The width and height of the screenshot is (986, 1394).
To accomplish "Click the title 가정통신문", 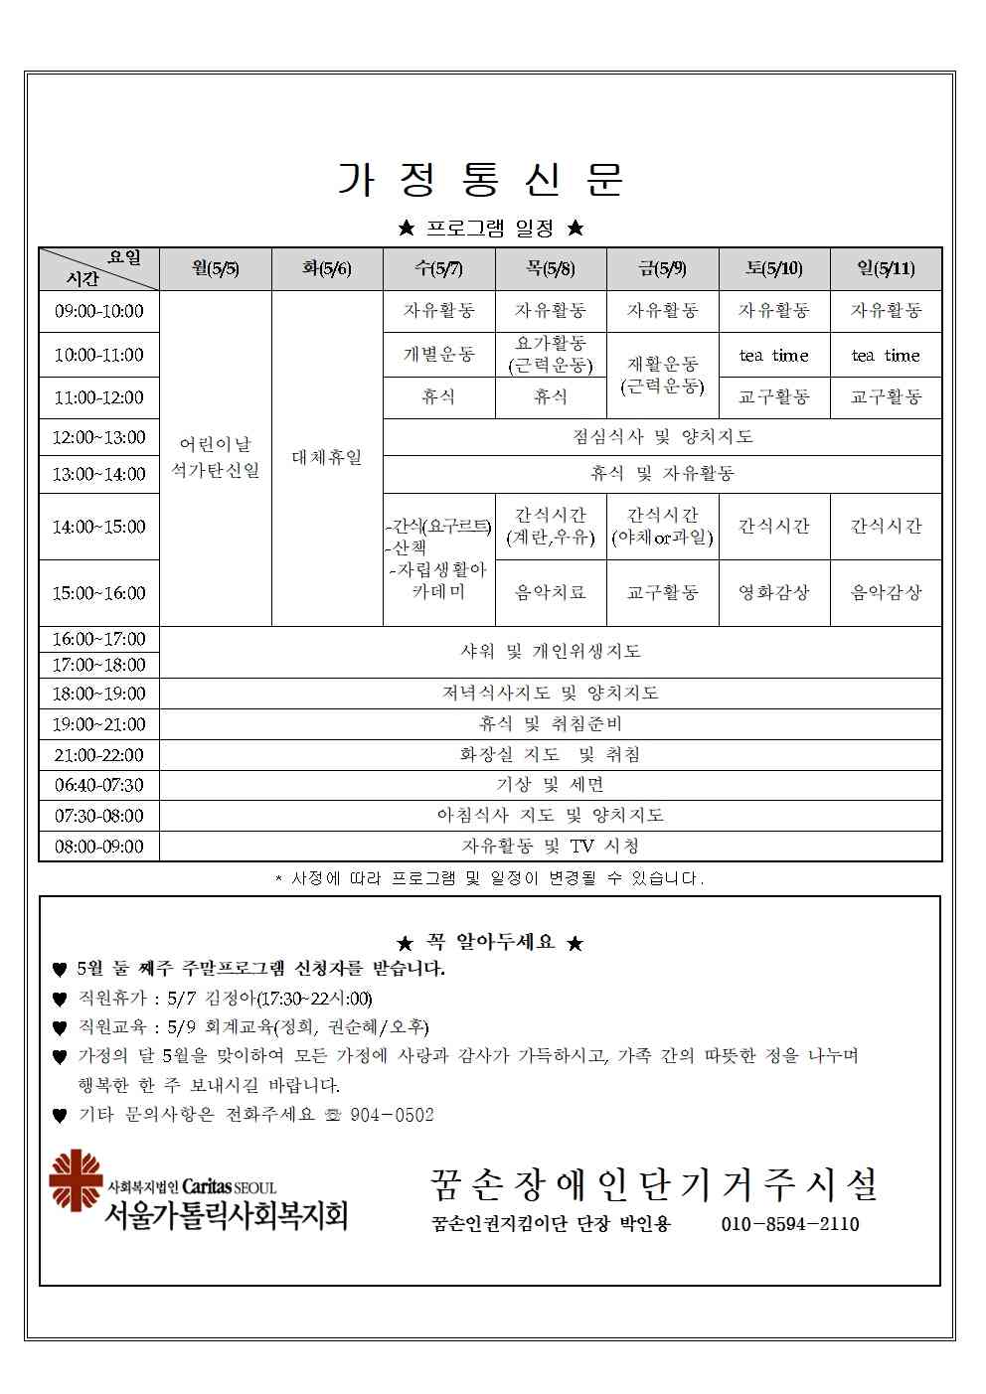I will tap(481, 179).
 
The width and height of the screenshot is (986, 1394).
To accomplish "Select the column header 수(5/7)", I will tap(438, 268).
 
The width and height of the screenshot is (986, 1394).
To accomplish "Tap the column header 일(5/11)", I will tap(886, 268).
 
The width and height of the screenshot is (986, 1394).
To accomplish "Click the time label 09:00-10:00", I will tap(99, 311).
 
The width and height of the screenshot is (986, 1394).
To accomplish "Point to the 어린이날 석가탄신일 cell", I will tap(216, 457).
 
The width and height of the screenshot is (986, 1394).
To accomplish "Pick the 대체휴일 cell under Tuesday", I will tap(327, 458).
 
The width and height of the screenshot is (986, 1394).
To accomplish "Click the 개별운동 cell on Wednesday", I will tap(438, 355).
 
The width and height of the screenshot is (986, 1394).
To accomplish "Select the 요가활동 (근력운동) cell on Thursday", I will tap(550, 354).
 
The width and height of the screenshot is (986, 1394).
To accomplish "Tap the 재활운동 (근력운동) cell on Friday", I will tap(662, 375).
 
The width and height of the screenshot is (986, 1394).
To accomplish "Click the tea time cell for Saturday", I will tap(773, 355).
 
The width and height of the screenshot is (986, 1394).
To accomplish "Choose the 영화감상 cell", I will tap(773, 592).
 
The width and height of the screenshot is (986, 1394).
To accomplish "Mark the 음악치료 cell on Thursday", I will tap(550, 592).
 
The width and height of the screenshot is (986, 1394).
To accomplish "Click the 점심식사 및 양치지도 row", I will tap(662, 436).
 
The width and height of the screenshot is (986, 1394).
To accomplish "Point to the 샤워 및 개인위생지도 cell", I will tap(551, 651).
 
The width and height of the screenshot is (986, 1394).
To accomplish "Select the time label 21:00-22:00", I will tap(99, 755).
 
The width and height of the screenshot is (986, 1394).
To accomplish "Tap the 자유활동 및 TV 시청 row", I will tap(551, 846).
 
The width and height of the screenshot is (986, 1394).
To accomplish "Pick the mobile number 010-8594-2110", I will tap(790, 1224).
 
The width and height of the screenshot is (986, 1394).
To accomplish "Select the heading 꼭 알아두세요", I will tap(490, 942).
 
